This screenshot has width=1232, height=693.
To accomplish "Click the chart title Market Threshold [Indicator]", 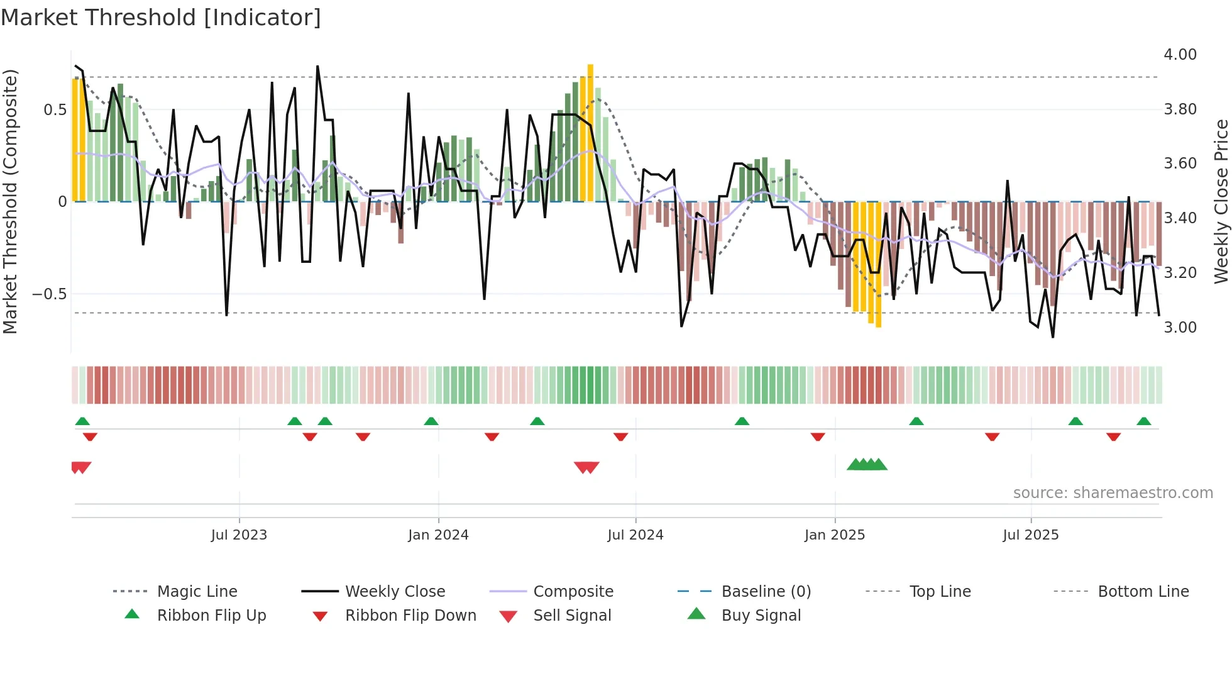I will [x=161, y=18].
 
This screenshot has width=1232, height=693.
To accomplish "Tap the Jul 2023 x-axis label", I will [x=239, y=535].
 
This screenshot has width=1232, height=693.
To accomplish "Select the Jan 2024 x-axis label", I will [x=438, y=535].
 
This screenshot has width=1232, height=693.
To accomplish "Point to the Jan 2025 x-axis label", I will [x=835, y=535].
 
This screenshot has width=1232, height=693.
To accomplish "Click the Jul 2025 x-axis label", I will [x=1031, y=535].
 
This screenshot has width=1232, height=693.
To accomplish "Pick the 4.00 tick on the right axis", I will [x=1180, y=55].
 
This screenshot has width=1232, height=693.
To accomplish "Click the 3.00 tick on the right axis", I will [x=1180, y=328].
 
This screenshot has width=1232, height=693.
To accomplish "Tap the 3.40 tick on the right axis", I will [x=1180, y=218].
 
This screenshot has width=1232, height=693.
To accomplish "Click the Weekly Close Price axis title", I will [x=1221, y=201].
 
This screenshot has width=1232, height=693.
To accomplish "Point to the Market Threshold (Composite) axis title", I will [x=10, y=201].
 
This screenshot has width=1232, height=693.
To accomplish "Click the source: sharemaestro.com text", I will [x=1113, y=493].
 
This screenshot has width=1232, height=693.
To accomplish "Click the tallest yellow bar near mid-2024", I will [x=590, y=132].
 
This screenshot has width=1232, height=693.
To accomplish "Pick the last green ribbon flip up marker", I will [x=1144, y=421].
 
